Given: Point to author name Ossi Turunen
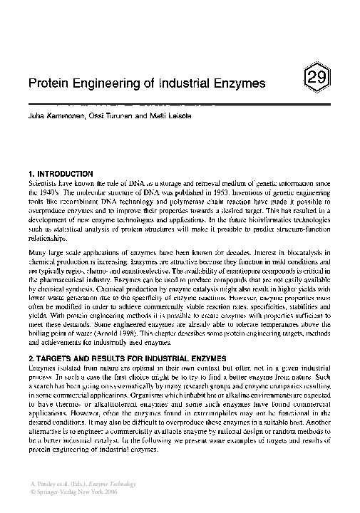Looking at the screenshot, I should click(110, 115).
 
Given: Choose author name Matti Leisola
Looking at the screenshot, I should click(165, 115).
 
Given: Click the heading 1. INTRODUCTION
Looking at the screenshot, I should click(61, 173).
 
